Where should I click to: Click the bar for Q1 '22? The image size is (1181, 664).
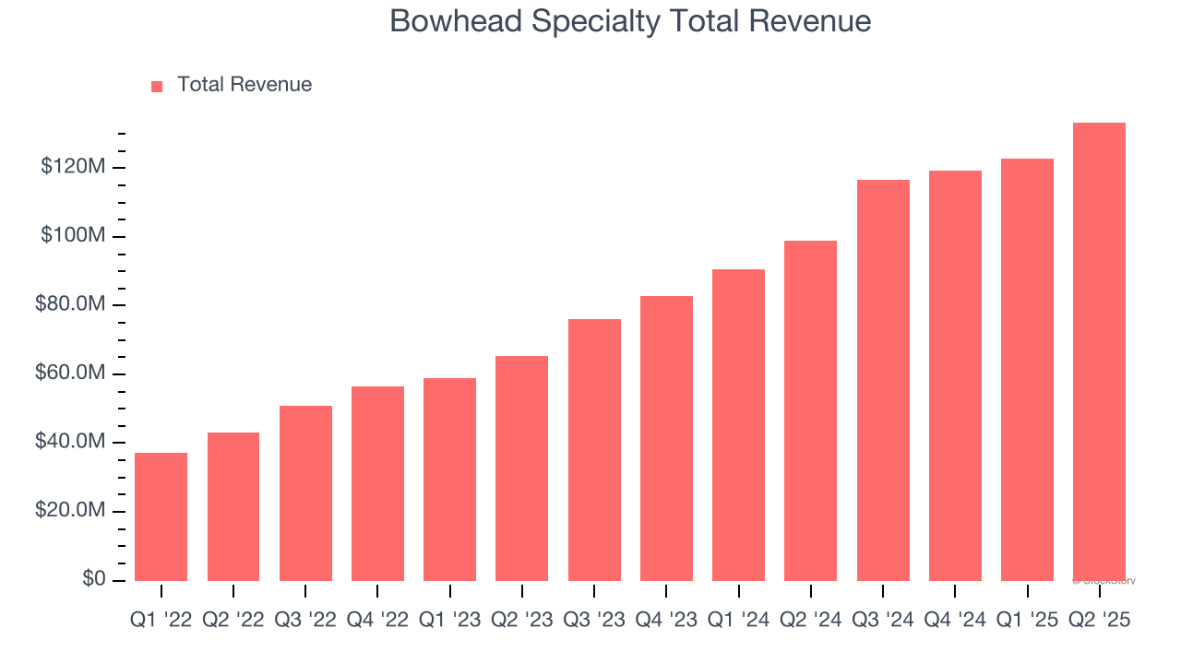click(x=161, y=516)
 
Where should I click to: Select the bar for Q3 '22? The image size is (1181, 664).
click(x=305, y=493)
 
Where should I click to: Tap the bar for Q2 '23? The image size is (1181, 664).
click(x=521, y=468)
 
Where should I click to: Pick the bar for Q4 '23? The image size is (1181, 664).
click(x=666, y=438)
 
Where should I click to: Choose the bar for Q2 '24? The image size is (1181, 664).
click(x=810, y=410)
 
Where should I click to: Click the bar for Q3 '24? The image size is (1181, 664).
click(x=883, y=380)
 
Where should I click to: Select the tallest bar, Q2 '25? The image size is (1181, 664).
click(x=1099, y=351)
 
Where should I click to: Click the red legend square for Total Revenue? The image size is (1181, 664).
click(x=157, y=86)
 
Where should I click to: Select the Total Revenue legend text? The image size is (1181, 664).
click(x=245, y=85)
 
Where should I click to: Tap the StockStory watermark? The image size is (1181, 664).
click(x=1103, y=581)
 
